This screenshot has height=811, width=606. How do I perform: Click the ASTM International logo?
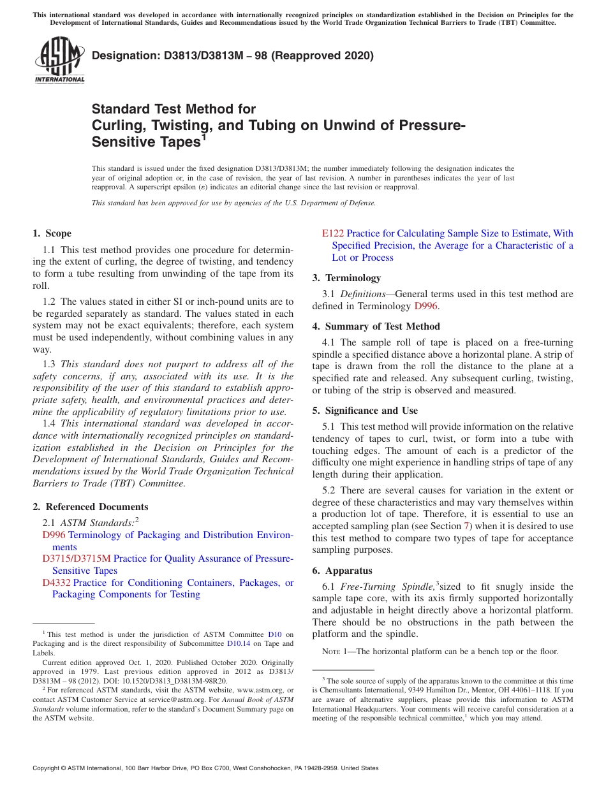click(x=59, y=61)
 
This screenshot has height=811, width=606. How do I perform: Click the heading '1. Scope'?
click(x=52, y=233)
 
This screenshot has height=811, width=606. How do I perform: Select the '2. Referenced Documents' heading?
click(x=90, y=507)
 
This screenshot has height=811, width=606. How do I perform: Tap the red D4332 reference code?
click(x=56, y=583)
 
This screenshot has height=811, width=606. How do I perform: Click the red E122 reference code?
click(x=332, y=233)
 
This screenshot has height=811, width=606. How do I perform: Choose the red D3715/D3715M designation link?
click(x=77, y=559)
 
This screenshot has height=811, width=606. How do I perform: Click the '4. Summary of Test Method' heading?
click(x=376, y=326)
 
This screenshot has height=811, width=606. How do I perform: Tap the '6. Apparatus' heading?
click(x=342, y=571)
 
